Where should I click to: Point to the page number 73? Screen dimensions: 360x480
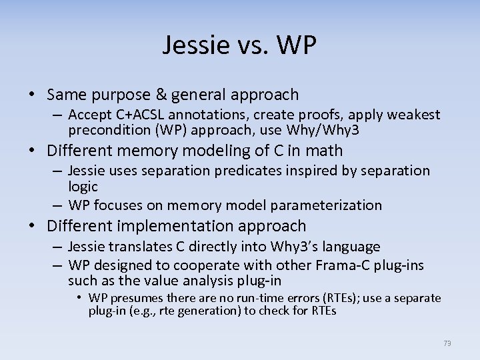[x=447, y=343]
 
